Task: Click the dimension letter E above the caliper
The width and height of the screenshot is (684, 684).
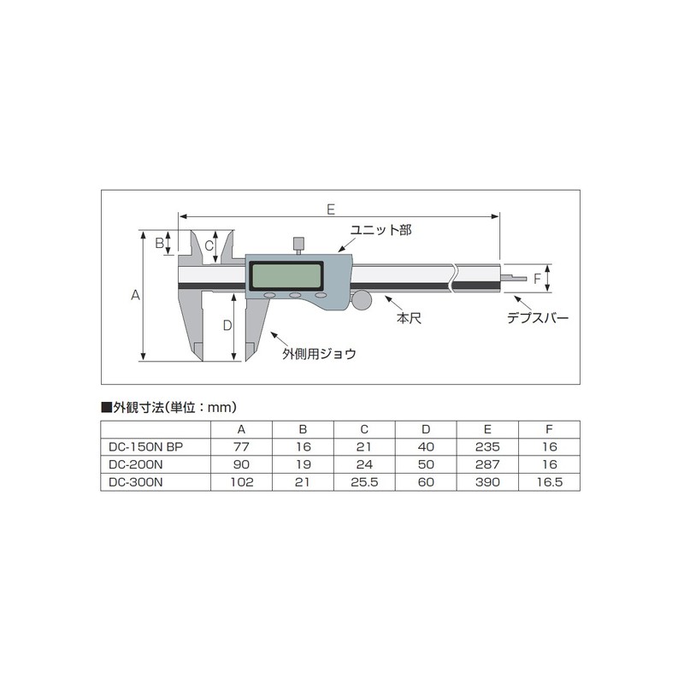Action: [x=331, y=208]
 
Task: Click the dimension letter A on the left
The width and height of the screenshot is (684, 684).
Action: [x=134, y=295]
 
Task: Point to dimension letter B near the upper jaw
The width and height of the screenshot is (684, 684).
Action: [x=159, y=243]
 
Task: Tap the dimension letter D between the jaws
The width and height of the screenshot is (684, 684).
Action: [x=227, y=326]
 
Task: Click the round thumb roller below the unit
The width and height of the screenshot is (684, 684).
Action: [x=363, y=300]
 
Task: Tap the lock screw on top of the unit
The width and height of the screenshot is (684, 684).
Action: [x=298, y=245]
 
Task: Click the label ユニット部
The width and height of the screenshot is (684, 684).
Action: [x=380, y=231]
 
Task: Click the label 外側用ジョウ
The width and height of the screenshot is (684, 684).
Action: [x=319, y=352]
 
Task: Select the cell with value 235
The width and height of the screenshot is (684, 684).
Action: [x=486, y=446]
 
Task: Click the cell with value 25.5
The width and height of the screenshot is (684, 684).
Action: [x=364, y=482]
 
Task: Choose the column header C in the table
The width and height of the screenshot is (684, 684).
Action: [x=364, y=429]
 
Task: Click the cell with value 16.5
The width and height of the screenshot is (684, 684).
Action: [x=549, y=482]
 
